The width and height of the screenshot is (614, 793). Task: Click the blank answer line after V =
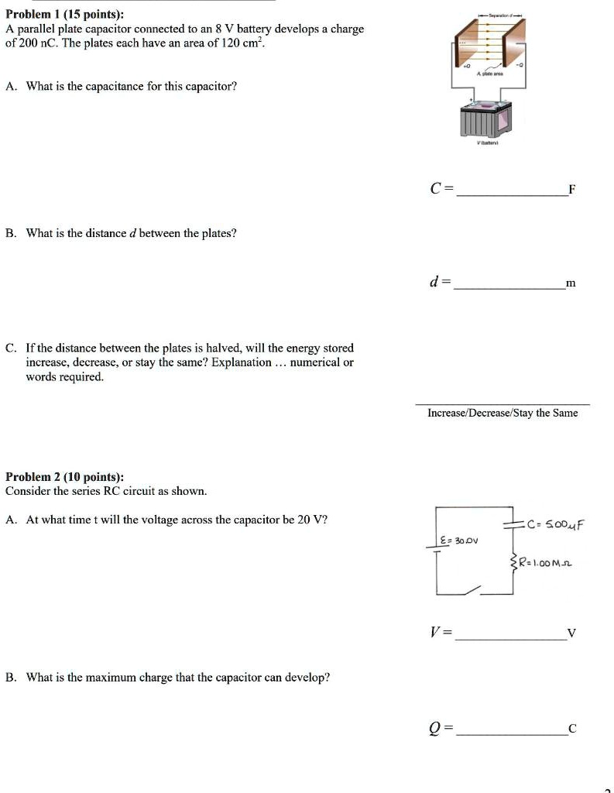pyautogui.click(x=510, y=640)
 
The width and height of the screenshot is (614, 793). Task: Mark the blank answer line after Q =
pyautogui.click(x=510, y=733)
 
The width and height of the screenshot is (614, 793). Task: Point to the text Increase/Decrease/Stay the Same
pyautogui.click(x=503, y=413)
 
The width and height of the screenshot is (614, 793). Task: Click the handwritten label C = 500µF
pyautogui.click(x=555, y=524)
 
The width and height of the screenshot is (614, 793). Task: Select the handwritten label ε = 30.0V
pyautogui.click(x=459, y=539)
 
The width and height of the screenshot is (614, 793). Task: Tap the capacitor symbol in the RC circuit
pyautogui.click(x=513, y=525)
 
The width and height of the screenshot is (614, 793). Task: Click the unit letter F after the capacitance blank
pyautogui.click(x=571, y=189)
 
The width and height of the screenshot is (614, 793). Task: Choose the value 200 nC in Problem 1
pyautogui.click(x=36, y=43)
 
